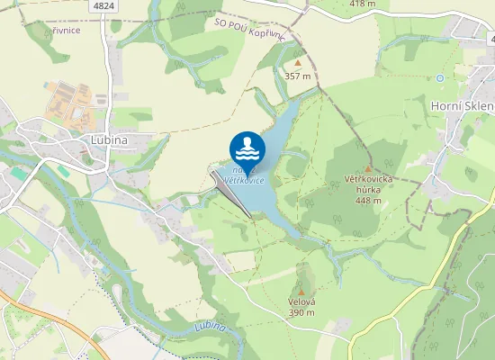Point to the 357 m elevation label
298,76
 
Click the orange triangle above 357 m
298,64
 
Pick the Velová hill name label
301,301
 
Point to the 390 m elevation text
301,313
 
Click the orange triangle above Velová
301,289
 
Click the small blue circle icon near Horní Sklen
440,78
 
